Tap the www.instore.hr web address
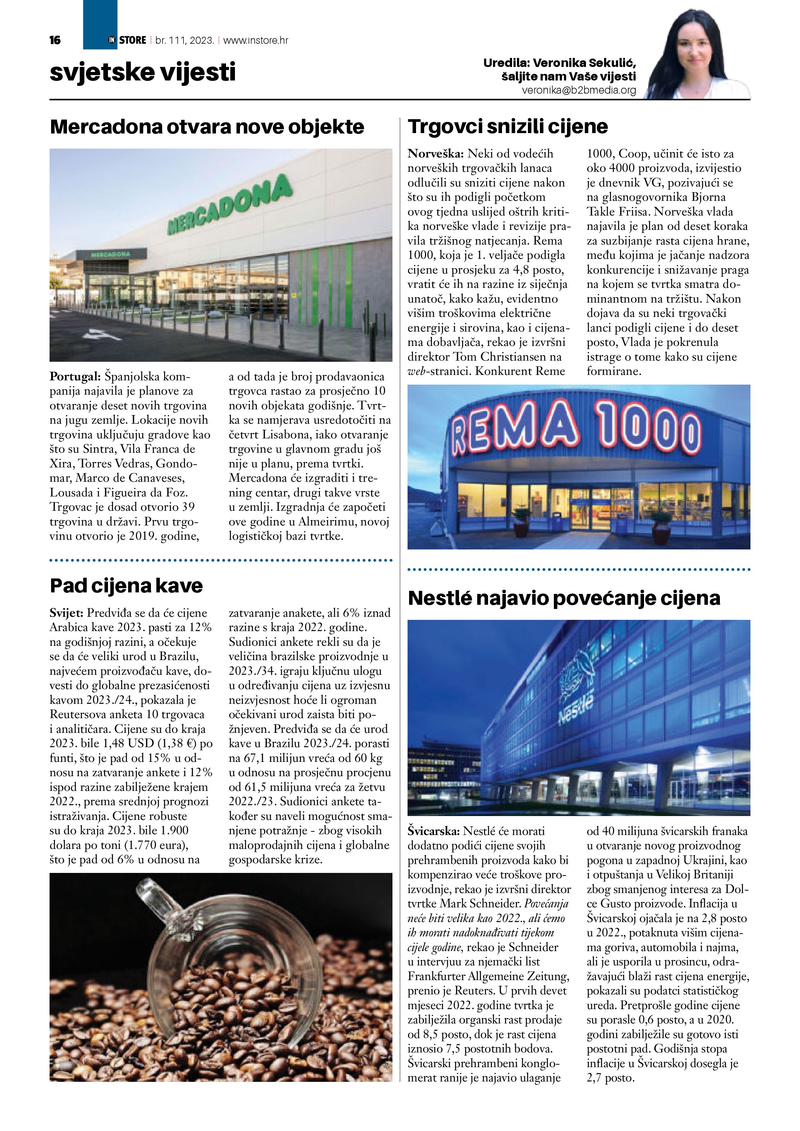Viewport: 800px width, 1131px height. [x=256, y=40]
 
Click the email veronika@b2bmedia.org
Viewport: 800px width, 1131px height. [x=579, y=91]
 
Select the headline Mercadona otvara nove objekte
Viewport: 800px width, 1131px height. [x=207, y=127]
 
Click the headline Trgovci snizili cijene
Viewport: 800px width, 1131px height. [x=508, y=127]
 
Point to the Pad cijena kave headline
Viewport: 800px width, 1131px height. [x=126, y=586]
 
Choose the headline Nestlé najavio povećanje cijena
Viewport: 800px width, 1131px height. [x=564, y=598]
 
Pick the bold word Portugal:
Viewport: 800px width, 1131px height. [x=75, y=377]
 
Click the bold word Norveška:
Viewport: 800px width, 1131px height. [x=435, y=154]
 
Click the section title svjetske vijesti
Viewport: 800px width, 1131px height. [x=143, y=72]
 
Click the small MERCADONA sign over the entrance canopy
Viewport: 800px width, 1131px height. [x=110, y=254]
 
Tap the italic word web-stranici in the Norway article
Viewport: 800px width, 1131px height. [x=439, y=371]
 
